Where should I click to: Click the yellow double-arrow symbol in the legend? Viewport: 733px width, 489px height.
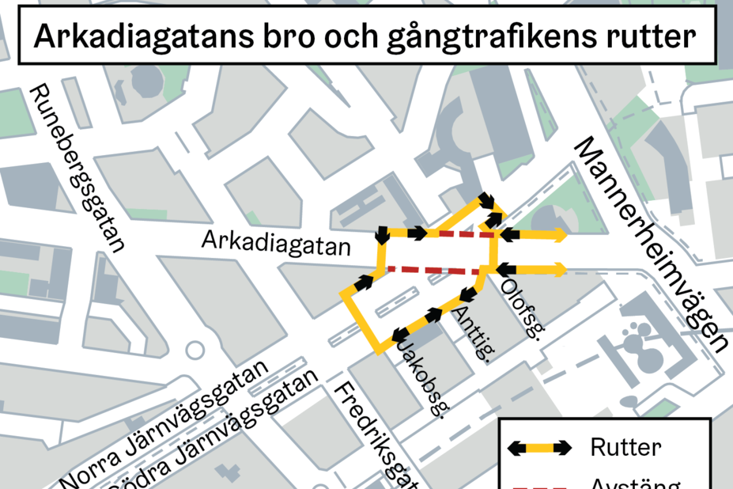coord(542,448)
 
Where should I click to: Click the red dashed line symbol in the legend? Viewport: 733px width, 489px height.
coord(542,484)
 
